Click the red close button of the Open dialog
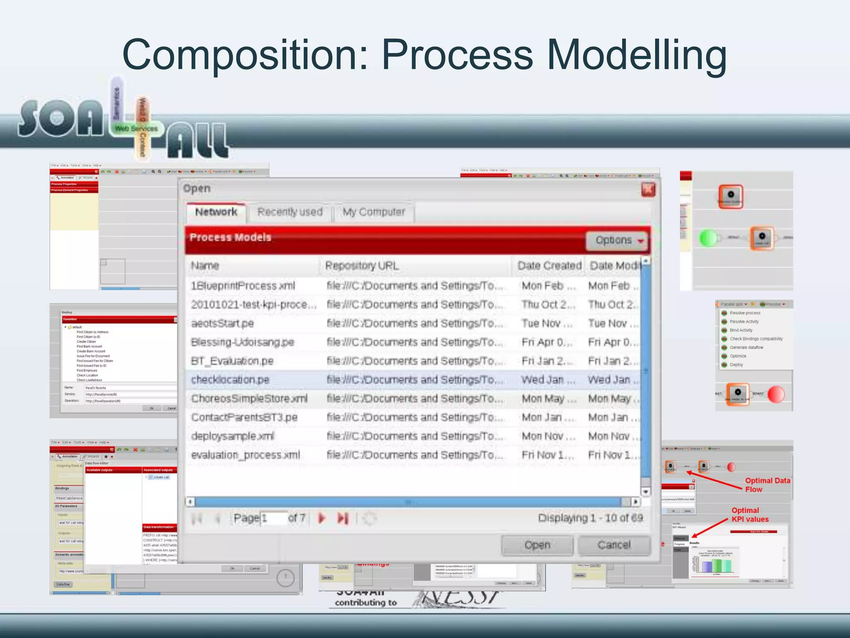[x=648, y=190]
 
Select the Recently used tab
[x=290, y=212]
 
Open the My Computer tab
[x=374, y=212]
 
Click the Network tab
[x=216, y=212]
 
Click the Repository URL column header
[x=362, y=266]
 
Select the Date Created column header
[x=549, y=266]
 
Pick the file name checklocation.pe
[x=230, y=380]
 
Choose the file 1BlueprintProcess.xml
[x=243, y=286]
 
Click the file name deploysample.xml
[x=232, y=436]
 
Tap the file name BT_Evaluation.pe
[x=232, y=361]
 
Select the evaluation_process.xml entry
[x=245, y=455]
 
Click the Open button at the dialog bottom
[x=537, y=545]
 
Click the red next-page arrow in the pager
[x=322, y=518]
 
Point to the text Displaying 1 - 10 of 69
[x=590, y=518]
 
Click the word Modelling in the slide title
[x=637, y=55]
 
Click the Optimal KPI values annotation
[x=750, y=515]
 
